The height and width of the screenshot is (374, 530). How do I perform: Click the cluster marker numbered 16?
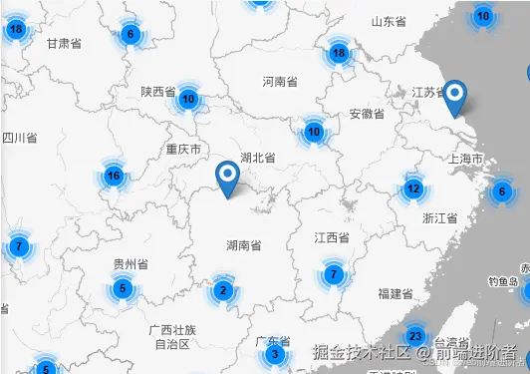pos(114,177)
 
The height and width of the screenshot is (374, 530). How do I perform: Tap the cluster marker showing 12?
pos(412,187)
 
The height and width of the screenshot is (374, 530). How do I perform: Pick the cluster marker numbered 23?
pos(415,336)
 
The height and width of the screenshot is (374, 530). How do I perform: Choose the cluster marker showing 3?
pos(275,355)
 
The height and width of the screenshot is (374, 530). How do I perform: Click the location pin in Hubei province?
pos(228,180)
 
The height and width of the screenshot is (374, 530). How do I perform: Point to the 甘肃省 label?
pos(64,43)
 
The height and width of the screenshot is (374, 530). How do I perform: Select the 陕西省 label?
pos(158,92)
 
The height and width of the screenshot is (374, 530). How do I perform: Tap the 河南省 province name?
pos(280,82)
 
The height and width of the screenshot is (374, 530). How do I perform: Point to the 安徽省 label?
pos(367,115)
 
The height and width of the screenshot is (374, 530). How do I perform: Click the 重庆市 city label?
pos(183,150)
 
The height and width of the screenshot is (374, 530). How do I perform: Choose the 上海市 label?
pos(466,160)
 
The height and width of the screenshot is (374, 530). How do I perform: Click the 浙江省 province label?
pos(439,217)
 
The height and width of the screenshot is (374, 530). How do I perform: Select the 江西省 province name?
pos(331,238)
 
